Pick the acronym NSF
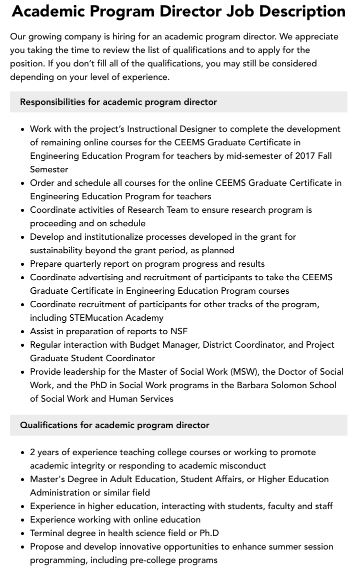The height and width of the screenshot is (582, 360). [x=177, y=331]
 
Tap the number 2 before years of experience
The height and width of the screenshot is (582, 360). [x=32, y=452]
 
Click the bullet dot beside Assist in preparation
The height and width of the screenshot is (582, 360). [x=23, y=332]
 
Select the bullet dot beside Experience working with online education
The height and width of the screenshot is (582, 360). [x=23, y=520]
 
